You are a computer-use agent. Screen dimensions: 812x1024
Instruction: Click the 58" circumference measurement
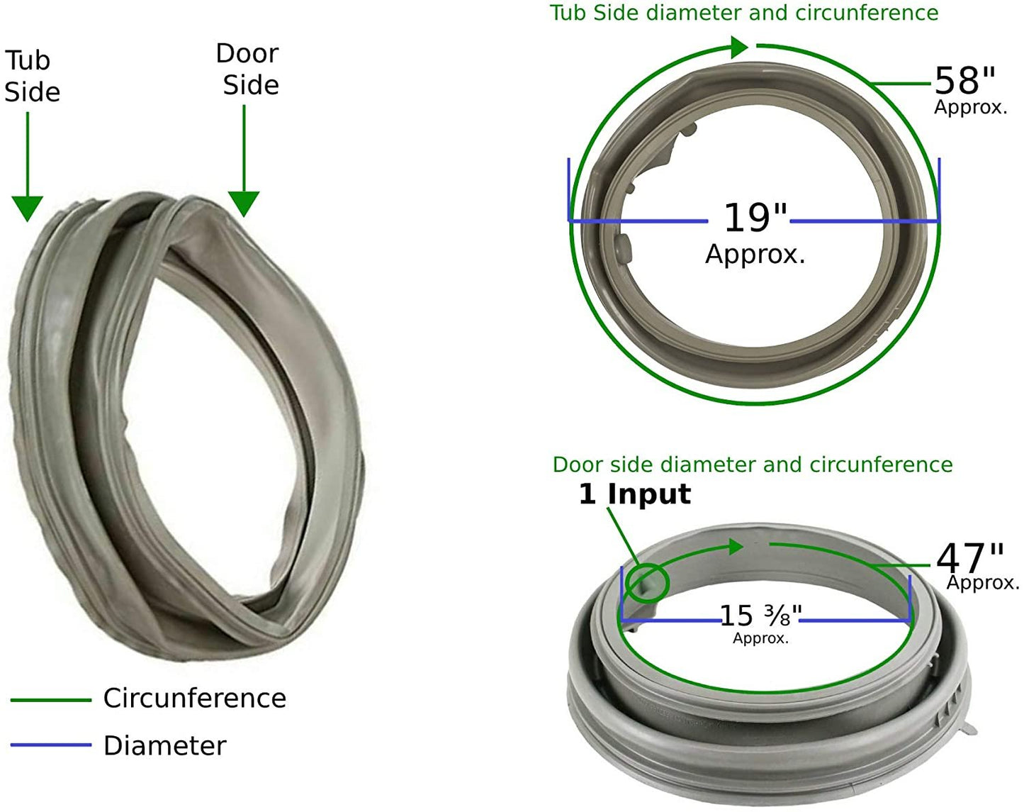[964, 81]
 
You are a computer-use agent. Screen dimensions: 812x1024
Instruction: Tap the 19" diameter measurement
[755, 217]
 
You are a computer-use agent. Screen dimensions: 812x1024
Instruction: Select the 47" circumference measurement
[970, 558]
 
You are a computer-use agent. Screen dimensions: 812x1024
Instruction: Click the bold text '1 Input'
[634, 494]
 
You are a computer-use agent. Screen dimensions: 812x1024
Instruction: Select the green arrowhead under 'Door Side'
[243, 204]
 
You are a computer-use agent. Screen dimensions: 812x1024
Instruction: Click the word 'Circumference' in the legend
[194, 699]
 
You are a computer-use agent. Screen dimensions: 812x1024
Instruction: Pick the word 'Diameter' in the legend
[164, 746]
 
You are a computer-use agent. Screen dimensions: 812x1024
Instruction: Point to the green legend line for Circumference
[51, 700]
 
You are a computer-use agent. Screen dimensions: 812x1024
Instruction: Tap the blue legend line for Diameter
[51, 745]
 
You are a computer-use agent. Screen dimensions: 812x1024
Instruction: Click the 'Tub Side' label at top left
[32, 76]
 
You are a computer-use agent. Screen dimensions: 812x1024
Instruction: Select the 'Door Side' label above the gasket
[248, 69]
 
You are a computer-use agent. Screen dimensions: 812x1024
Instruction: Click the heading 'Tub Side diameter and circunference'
[744, 13]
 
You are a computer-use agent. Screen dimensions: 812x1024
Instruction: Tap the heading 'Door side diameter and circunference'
[752, 465]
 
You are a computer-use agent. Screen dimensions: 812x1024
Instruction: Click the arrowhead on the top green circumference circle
[739, 48]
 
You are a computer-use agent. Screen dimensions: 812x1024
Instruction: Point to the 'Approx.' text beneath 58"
[970, 108]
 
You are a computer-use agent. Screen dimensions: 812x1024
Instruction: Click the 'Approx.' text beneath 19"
[755, 254]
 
